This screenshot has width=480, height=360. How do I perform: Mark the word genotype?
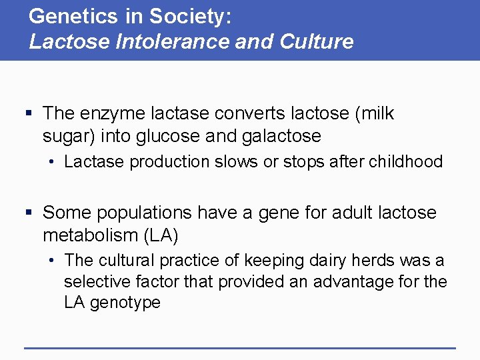point(125,303)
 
